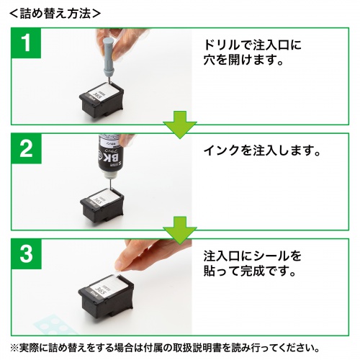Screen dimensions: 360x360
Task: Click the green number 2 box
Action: [27, 152]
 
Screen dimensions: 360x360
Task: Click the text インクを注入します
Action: [260, 152]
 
